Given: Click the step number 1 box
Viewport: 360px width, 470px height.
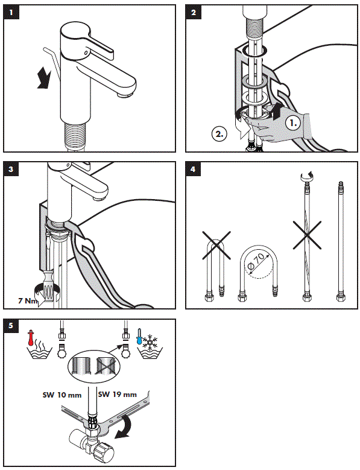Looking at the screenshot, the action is pyautogui.click(x=11, y=12).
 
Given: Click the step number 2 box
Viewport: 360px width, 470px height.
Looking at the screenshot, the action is pyautogui.click(x=193, y=12).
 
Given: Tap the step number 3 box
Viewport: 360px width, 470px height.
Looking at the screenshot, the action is pyautogui.click(x=11, y=169).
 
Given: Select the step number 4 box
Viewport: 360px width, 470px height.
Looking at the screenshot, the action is pyautogui.click(x=193, y=169).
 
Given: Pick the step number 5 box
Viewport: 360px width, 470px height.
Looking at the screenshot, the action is pyautogui.click(x=11, y=326).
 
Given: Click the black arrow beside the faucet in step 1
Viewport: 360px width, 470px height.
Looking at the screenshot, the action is pyautogui.click(x=44, y=77).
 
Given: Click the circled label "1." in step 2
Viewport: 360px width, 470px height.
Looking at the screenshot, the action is pyautogui.click(x=293, y=123).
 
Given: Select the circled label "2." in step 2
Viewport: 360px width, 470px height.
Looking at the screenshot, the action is pyautogui.click(x=219, y=134).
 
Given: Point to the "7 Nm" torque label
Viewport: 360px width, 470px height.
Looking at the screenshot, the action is pyautogui.click(x=28, y=300).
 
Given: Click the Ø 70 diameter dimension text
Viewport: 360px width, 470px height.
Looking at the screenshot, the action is pyautogui.click(x=257, y=261).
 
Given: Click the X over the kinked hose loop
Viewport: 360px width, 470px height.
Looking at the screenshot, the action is pyautogui.click(x=216, y=245).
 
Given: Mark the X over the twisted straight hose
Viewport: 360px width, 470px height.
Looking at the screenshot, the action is pyautogui.click(x=307, y=235).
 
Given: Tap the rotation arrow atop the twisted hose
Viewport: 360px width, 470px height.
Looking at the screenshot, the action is pyautogui.click(x=307, y=176).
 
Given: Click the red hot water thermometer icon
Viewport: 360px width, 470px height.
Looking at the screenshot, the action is pyautogui.click(x=30, y=338).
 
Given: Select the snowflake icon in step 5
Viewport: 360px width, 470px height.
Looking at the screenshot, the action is pyautogui.click(x=149, y=342).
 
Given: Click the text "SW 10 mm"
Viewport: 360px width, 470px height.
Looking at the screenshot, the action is pyautogui.click(x=62, y=395).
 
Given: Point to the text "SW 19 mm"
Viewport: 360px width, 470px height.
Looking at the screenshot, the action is pyautogui.click(x=117, y=395).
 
